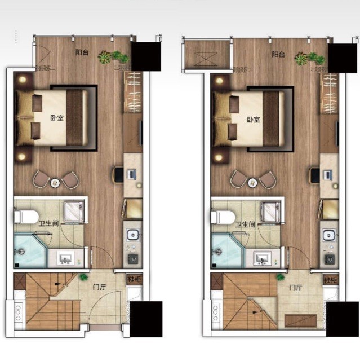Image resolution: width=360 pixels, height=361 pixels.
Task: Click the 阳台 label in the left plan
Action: (x=82, y=52)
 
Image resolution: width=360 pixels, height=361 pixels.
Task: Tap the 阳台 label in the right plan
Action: (x=278, y=55)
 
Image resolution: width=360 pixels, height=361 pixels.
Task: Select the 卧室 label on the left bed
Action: (x=57, y=118)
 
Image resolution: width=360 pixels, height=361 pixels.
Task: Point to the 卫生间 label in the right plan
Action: (x=245, y=224)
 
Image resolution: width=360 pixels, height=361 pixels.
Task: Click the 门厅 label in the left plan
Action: (x=99, y=287)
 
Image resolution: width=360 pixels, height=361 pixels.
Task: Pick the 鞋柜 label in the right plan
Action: (x=331, y=280)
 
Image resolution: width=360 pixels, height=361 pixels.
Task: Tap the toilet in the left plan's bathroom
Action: (x=26, y=217)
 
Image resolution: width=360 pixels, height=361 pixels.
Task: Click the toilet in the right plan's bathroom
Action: (x=223, y=218)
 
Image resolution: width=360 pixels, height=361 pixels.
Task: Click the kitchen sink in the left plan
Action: (x=133, y=235)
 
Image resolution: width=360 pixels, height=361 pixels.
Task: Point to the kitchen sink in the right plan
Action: (x=329, y=235)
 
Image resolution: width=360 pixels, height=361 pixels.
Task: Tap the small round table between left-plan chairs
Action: (x=55, y=183)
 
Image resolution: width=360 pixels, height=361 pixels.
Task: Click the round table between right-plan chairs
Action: (x=252, y=183)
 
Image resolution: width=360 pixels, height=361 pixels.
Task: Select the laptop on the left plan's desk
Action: (x=132, y=174)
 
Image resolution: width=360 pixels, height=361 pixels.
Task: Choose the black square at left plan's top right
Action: (x=146, y=56)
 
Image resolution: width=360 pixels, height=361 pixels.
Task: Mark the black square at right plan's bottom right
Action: (x=342, y=319)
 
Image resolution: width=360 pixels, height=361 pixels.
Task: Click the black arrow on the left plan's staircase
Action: (x=57, y=284)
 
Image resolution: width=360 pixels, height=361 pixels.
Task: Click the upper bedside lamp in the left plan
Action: (x=23, y=80)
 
